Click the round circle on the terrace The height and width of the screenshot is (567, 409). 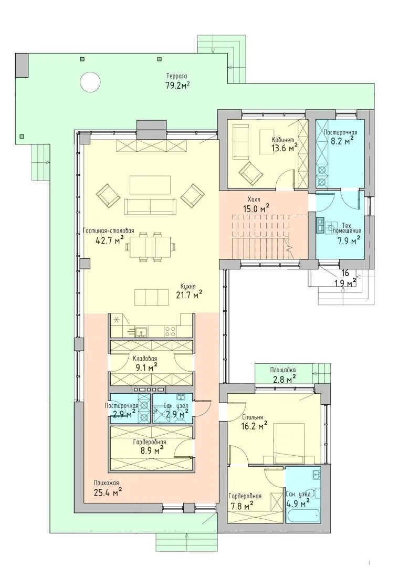(90, 83)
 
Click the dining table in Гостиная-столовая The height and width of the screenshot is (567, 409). (151, 247)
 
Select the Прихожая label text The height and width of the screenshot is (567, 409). (106, 483)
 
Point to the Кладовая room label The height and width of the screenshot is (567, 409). (145, 359)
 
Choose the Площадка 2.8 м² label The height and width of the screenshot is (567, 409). (283, 374)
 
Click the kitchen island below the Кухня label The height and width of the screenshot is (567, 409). (151, 297)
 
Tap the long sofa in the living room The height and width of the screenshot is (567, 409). (151, 206)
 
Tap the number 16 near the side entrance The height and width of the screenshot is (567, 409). (345, 274)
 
